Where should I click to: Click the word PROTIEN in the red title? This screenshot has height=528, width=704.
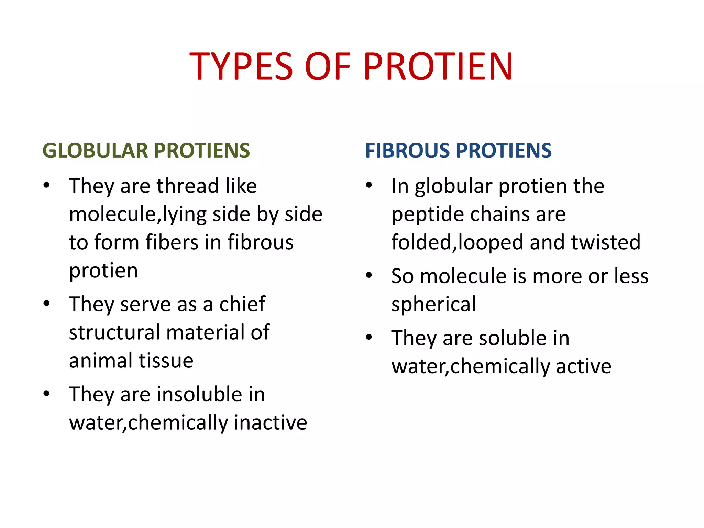click(x=438, y=66)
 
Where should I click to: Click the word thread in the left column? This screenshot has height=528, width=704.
click(x=188, y=186)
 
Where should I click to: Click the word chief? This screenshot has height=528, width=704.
click(x=242, y=304)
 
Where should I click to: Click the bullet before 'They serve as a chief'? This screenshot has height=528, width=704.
click(x=47, y=304)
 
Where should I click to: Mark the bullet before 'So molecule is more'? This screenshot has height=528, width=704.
click(x=369, y=275)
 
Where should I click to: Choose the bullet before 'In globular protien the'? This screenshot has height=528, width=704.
click(x=369, y=185)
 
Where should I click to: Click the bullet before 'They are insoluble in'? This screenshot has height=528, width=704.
click(x=47, y=394)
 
